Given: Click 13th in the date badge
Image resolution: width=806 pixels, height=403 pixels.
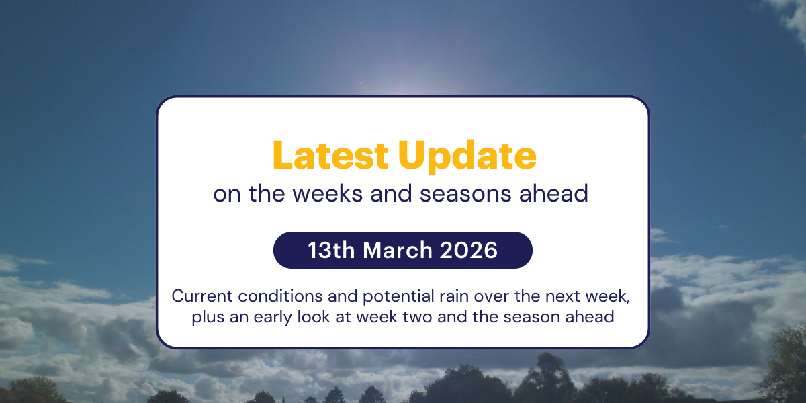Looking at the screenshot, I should pos(332,250).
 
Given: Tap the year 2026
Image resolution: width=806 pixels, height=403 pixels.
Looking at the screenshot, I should pos(469,250).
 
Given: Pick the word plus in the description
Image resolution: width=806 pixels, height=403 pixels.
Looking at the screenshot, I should pos(206,316).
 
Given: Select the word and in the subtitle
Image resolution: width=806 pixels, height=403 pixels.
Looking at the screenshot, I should pos(395,193).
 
